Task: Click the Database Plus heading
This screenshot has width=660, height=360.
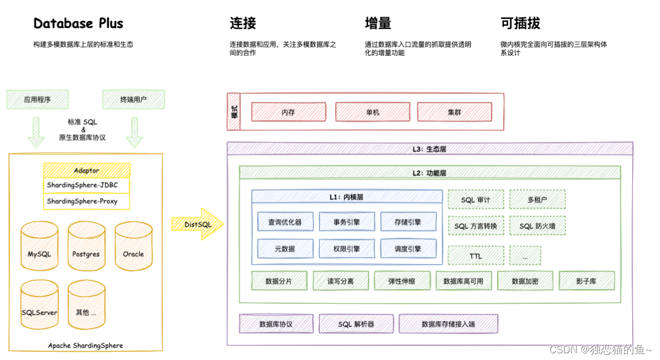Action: pos(78,23)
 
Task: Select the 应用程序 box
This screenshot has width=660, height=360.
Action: pos(37,100)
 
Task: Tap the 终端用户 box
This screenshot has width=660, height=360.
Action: pos(133,100)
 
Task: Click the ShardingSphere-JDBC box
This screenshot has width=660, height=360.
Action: pos(86,185)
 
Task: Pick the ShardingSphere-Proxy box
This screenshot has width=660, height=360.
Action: pos(86,201)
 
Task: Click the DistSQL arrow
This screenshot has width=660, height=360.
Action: pos(197,224)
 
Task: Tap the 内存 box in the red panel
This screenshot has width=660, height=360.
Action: pos(288,112)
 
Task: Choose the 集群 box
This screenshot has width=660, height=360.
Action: pos(454,112)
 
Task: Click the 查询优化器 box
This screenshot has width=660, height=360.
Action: pos(285,222)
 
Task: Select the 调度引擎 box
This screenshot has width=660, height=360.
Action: pos(408,249)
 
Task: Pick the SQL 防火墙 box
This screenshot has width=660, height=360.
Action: pos(537,226)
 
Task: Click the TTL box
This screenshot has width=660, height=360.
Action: pos(475,256)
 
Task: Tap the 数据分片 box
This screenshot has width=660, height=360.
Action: pos(279,281)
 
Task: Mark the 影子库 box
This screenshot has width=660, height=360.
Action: pos(586,281)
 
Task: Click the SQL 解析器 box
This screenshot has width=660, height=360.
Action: pos(356,324)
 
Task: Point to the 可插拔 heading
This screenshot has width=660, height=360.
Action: pos(521,23)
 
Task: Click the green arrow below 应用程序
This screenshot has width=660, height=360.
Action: pos(37,131)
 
